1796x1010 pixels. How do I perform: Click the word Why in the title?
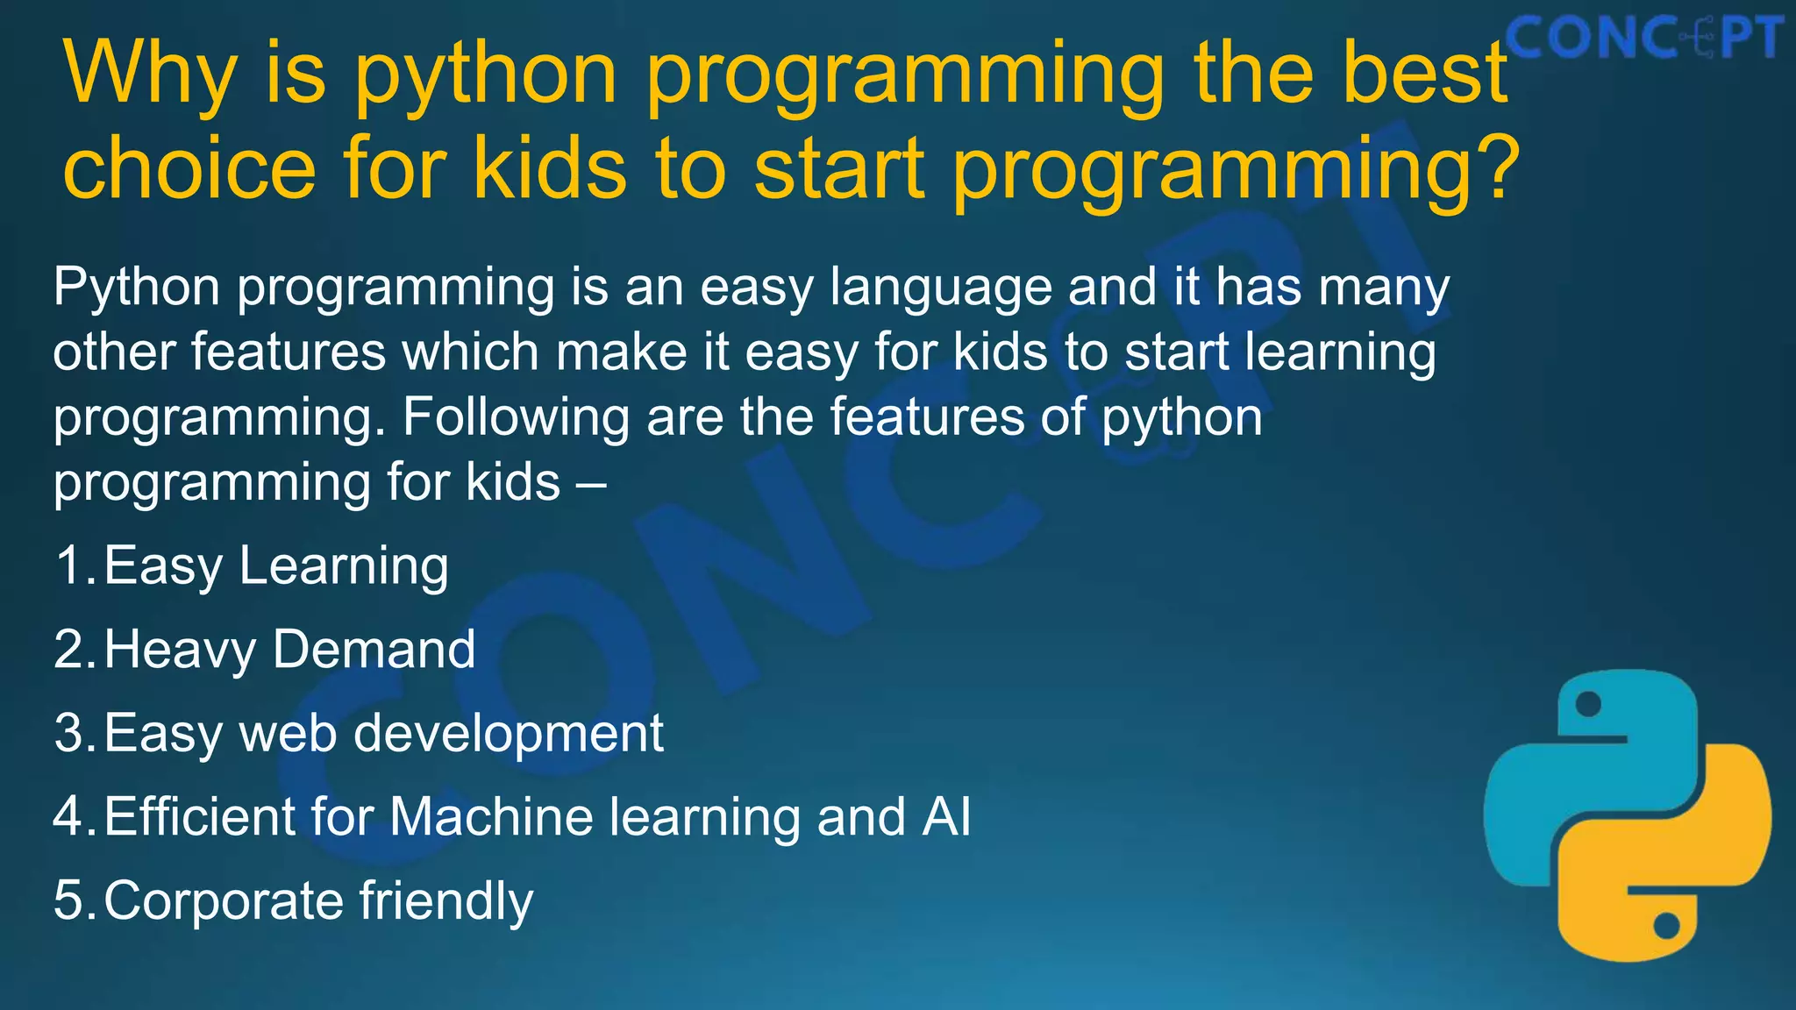(x=150, y=75)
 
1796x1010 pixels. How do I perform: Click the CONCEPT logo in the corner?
(x=1645, y=39)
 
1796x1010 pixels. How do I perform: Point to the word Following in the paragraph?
(x=516, y=417)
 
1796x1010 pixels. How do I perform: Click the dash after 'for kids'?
(x=592, y=483)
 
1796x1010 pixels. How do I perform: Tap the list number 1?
(x=70, y=565)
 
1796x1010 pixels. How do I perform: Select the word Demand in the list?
(x=374, y=650)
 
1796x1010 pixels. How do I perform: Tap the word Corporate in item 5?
(x=223, y=902)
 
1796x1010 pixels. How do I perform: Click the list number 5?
(x=69, y=901)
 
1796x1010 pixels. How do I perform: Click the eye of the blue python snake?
(x=1588, y=704)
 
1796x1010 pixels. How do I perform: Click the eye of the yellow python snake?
(x=1666, y=926)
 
